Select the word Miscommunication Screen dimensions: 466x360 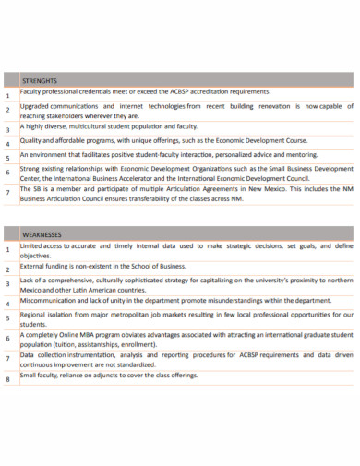(x=54, y=300)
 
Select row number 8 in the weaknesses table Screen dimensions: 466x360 (x=8, y=379)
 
